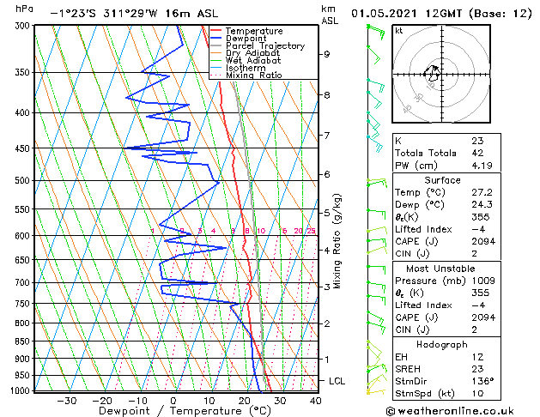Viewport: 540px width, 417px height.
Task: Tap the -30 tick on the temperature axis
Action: (67, 400)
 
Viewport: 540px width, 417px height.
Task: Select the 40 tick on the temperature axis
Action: (316, 400)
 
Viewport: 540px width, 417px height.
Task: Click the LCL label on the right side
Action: (337, 380)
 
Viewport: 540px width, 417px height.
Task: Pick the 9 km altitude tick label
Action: (327, 54)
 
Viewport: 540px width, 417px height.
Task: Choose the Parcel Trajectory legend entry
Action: (252, 46)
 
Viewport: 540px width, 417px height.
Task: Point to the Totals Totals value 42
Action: (477, 153)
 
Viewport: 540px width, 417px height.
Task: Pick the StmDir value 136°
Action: (483, 381)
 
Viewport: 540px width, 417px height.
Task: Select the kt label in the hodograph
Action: (398, 30)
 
